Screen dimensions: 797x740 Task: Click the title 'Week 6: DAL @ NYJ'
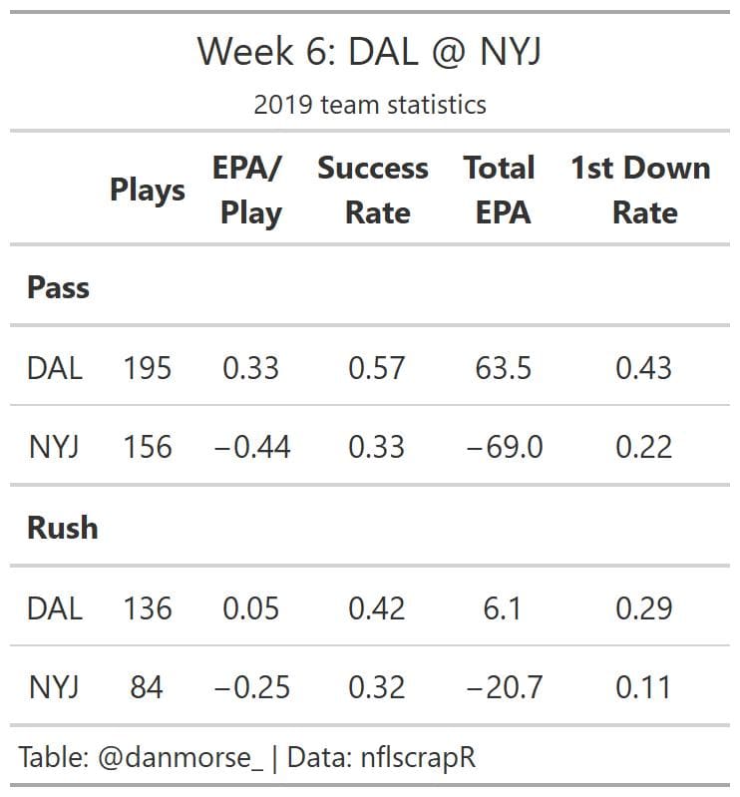(369, 51)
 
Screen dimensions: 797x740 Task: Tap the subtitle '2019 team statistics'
(369, 105)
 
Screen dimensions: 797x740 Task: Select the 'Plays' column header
(148, 190)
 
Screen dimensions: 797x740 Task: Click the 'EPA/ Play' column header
(249, 190)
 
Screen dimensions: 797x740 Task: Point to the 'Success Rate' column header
(373, 190)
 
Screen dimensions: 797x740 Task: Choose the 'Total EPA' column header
(500, 190)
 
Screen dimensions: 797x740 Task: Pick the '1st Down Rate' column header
(641, 190)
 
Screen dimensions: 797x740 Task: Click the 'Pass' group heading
(58, 288)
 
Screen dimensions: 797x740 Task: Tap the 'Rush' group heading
(62, 528)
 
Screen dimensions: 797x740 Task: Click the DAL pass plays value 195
(148, 368)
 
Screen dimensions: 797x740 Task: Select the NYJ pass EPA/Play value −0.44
(251, 447)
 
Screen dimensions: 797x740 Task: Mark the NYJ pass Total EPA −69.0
(504, 447)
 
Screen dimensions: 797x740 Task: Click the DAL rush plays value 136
(148, 607)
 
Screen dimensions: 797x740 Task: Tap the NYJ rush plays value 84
(147, 687)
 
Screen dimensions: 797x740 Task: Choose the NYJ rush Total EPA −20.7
(504, 687)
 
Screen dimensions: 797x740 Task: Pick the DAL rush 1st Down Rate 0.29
(643, 607)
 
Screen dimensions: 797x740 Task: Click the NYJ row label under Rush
(54, 687)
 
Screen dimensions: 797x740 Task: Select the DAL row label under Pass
(55, 368)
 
